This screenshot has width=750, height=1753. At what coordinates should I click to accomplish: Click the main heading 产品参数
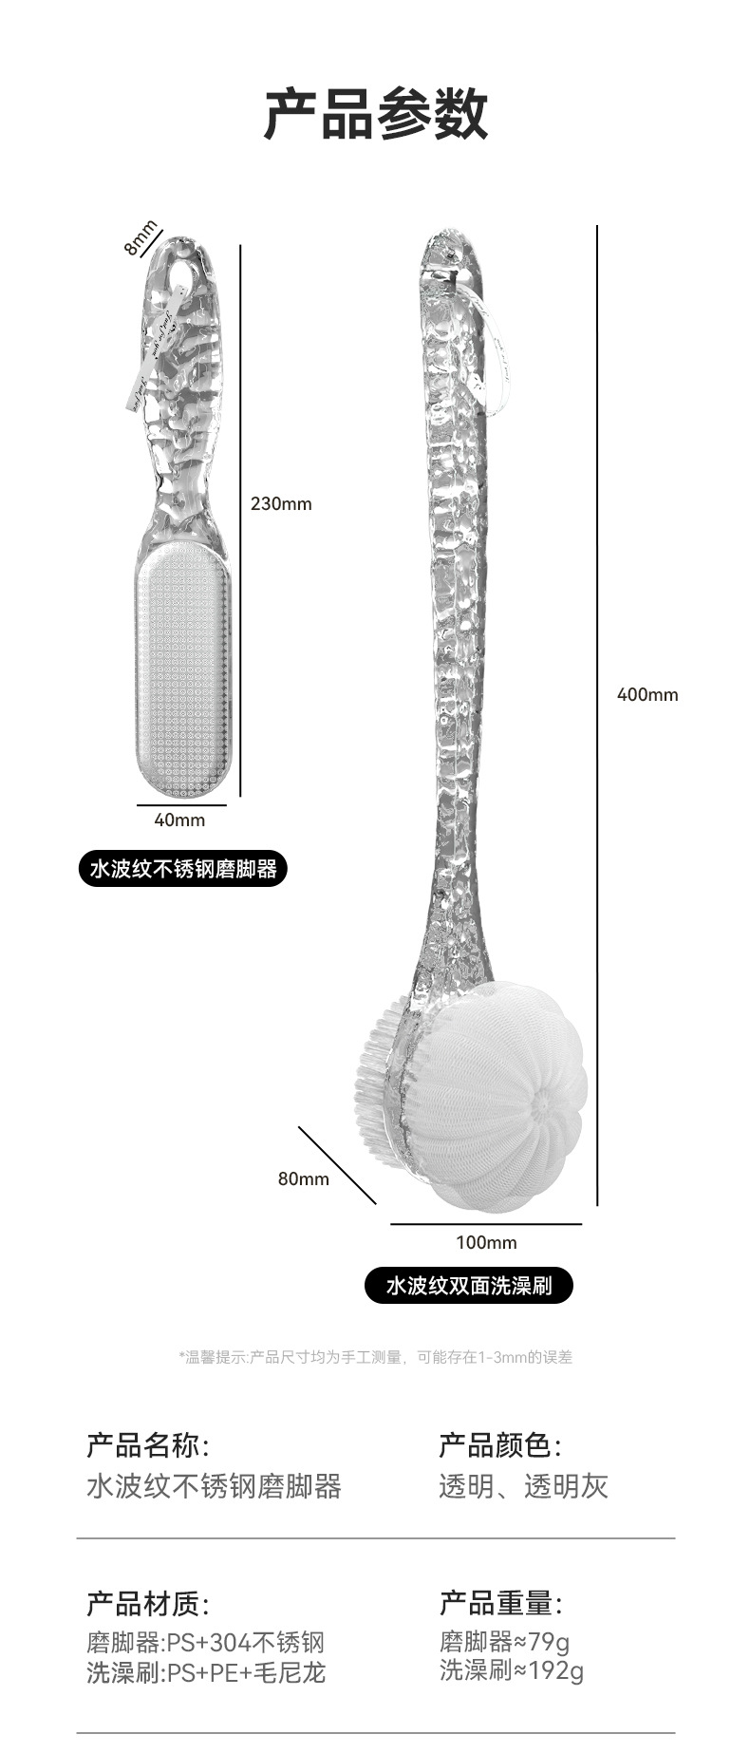click(375, 115)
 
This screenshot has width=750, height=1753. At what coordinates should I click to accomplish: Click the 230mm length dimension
click(281, 503)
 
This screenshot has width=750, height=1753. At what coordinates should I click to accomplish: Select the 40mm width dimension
click(179, 820)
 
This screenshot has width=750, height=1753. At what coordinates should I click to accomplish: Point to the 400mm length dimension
click(647, 694)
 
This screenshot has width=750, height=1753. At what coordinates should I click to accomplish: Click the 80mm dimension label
click(303, 1178)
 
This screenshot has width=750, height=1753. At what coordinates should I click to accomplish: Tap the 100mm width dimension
click(486, 1242)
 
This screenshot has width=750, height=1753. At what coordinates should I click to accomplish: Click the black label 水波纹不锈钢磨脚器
click(183, 868)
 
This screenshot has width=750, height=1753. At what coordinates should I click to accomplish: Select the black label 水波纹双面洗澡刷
click(469, 1286)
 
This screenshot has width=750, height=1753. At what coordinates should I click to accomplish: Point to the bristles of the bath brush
click(378, 1073)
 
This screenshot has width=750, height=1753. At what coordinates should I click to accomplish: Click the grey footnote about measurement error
click(375, 1357)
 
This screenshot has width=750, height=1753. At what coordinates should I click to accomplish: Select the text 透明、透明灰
click(523, 1486)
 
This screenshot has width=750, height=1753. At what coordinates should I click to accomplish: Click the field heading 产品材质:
click(148, 1604)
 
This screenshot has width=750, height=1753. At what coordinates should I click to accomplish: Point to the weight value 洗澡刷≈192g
click(511, 1670)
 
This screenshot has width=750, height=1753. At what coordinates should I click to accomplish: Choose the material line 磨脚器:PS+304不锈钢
click(206, 1642)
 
